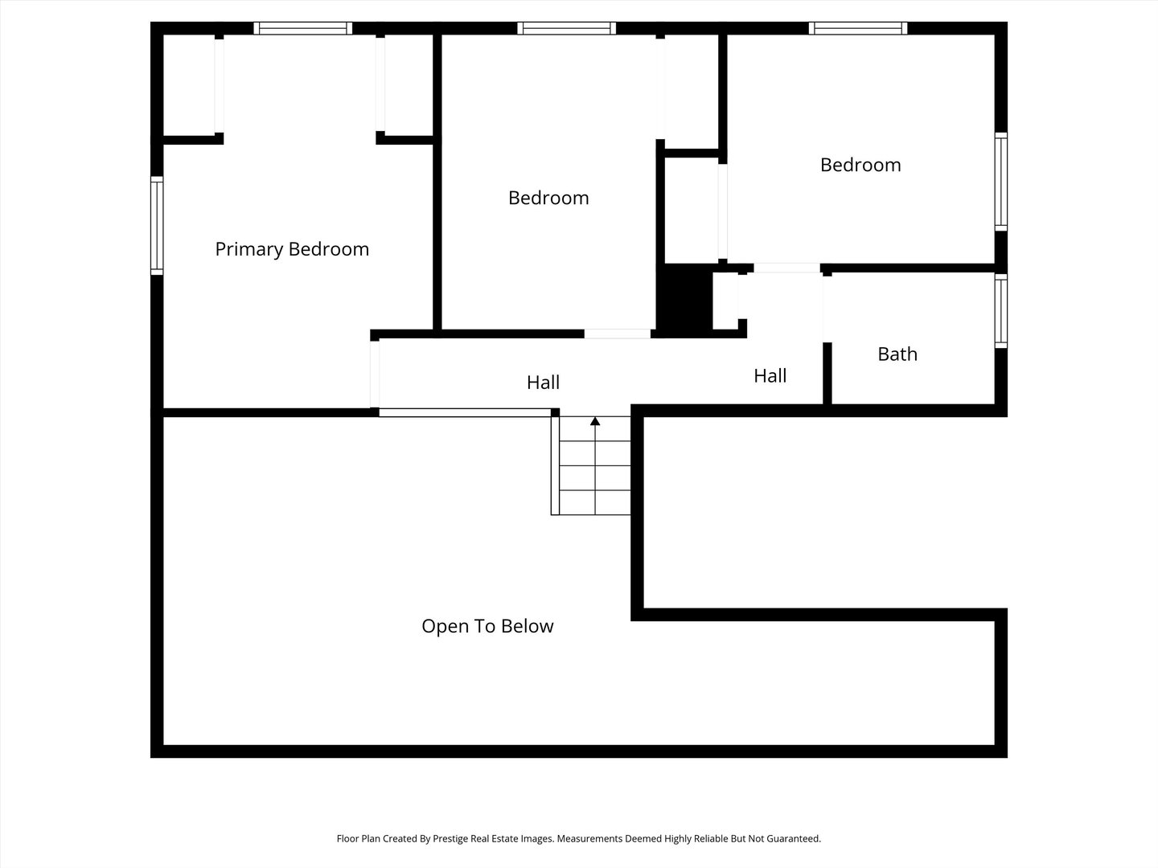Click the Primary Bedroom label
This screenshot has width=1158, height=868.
(292, 249)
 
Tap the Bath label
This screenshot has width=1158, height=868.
(897, 354)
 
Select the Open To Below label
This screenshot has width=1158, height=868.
(487, 626)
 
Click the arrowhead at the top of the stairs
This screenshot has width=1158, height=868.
(595, 421)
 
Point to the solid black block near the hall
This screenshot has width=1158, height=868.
(684, 300)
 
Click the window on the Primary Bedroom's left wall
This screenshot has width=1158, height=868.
(157, 226)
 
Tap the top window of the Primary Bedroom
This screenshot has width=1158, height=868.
(303, 28)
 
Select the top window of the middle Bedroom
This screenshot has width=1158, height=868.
(567, 28)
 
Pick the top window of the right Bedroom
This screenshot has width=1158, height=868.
(858, 28)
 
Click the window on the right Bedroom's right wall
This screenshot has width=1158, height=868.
(1001, 182)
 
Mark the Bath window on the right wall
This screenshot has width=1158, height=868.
(1001, 311)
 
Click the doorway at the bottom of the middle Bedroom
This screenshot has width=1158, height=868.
(618, 334)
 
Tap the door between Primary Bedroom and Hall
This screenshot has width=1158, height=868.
(375, 375)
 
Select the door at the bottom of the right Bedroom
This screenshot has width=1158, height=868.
(786, 268)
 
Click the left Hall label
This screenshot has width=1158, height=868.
(543, 382)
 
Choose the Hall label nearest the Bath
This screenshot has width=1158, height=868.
(770, 376)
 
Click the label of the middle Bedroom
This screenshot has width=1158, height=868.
(548, 199)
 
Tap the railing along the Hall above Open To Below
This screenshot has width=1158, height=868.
(466, 412)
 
